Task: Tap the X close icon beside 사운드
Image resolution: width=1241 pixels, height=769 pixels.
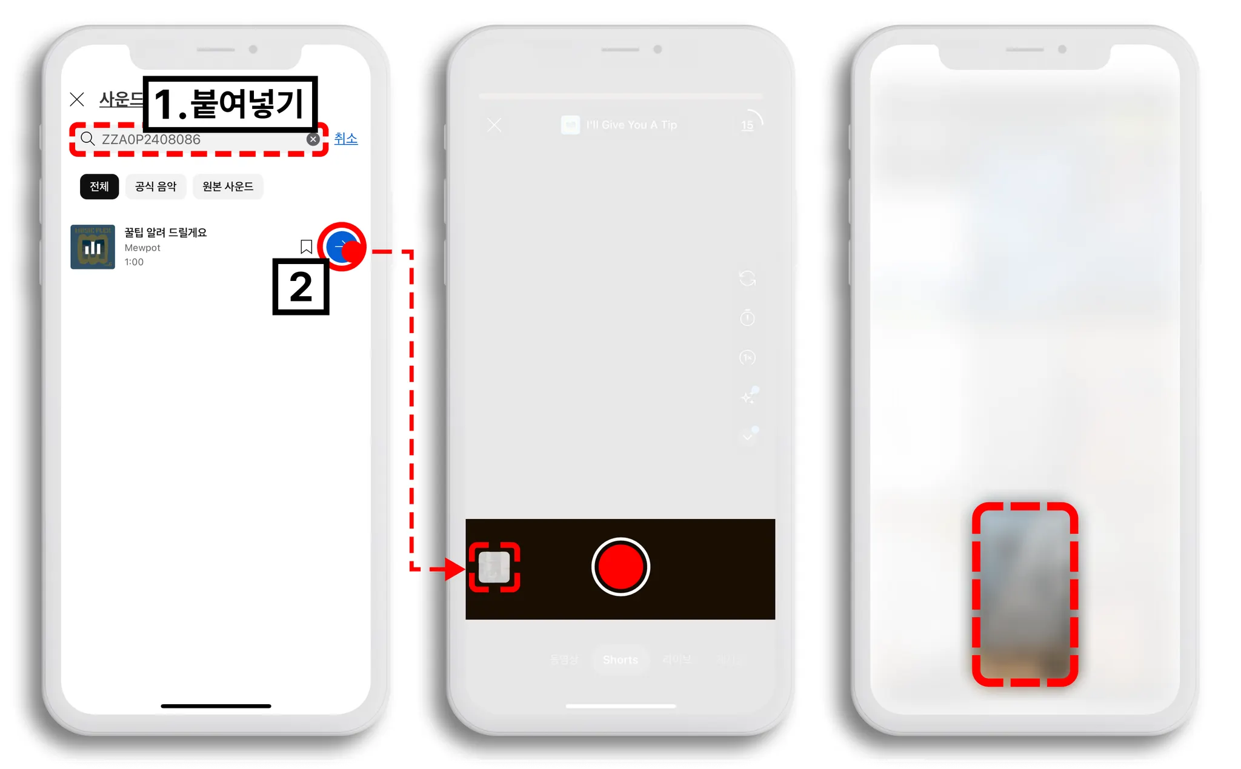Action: tap(77, 99)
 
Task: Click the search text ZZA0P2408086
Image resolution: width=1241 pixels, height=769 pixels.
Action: tap(151, 140)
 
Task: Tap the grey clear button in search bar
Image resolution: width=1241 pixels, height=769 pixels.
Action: tap(313, 139)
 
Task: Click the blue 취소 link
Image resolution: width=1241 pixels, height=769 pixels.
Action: tap(345, 139)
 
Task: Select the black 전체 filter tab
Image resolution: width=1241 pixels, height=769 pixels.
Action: tap(99, 186)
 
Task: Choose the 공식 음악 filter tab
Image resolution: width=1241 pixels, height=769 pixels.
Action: tap(156, 186)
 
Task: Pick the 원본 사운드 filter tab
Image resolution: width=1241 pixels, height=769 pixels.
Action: tap(228, 186)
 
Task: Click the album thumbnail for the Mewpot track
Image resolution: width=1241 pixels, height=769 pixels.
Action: tap(93, 247)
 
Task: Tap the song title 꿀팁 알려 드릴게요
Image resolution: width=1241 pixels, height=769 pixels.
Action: tap(165, 233)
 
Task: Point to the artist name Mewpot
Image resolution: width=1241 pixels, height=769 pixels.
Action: tap(142, 248)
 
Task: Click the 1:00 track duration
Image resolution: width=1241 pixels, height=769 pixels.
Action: tap(134, 262)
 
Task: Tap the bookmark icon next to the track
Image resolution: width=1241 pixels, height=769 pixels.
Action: tap(306, 247)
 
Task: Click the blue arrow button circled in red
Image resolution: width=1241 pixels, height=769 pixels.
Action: tap(342, 247)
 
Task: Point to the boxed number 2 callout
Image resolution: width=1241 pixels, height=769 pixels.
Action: tap(301, 287)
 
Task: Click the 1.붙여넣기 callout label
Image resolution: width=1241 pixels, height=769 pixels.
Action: tap(230, 104)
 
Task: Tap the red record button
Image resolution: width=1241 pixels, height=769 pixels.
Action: tap(620, 567)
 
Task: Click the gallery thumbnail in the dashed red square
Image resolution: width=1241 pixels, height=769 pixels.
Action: tap(494, 567)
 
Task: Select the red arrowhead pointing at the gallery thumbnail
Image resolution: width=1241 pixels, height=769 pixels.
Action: tap(454, 569)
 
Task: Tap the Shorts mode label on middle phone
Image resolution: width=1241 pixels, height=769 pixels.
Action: tap(620, 659)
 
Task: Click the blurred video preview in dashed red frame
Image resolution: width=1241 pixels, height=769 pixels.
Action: tap(1025, 594)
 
